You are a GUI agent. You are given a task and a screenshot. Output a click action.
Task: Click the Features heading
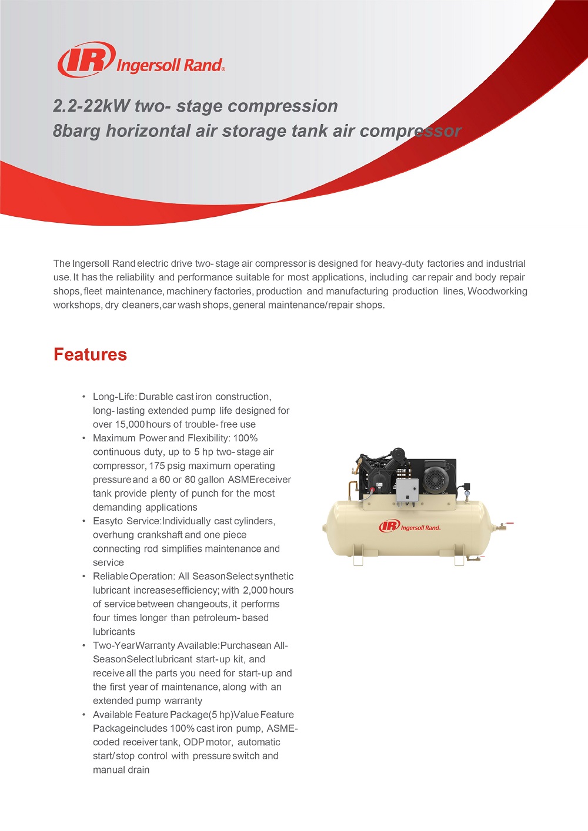point(90,354)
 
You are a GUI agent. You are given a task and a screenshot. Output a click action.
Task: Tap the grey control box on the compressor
point(407,490)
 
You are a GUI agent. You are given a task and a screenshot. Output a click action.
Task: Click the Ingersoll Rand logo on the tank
point(410,526)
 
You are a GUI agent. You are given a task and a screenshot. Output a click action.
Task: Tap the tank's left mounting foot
point(358,559)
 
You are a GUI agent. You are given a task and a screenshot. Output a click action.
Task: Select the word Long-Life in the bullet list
point(113,397)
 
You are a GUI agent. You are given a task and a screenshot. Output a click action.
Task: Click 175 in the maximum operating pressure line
point(157,466)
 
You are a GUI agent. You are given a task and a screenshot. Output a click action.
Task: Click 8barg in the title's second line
point(76,130)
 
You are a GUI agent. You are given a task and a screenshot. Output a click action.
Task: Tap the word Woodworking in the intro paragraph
point(497,291)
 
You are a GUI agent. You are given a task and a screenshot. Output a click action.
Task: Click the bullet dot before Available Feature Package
point(84,715)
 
